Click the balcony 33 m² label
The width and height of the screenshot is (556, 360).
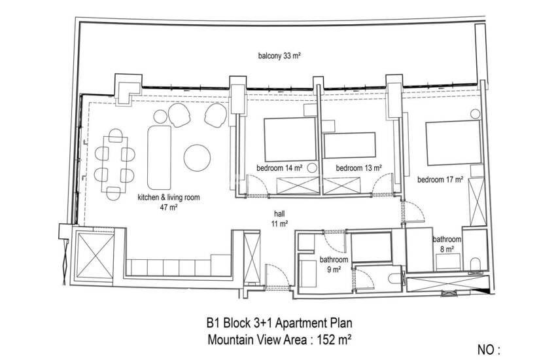(x=279, y=56)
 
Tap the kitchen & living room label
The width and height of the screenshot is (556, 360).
(x=168, y=202)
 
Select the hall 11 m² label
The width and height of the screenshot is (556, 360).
(x=279, y=219)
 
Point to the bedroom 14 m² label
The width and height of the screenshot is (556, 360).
(x=279, y=168)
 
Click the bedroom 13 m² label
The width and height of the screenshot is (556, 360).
(x=359, y=168)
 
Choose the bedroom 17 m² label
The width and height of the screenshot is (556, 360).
(x=440, y=179)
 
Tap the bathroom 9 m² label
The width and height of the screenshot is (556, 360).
(x=334, y=264)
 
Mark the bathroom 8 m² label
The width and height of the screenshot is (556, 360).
(x=447, y=244)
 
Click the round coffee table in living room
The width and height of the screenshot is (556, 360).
(x=197, y=158)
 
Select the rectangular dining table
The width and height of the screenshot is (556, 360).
(x=114, y=164)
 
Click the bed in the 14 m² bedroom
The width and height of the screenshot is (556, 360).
(x=290, y=139)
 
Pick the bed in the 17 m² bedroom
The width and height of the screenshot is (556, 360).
(x=453, y=143)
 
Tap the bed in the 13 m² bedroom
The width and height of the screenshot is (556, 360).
(x=349, y=145)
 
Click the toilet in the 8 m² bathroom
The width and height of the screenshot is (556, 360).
(x=475, y=264)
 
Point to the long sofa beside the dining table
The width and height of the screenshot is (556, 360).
(x=159, y=157)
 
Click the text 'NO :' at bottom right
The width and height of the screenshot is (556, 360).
(x=489, y=350)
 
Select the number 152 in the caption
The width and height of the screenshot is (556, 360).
(x=327, y=340)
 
